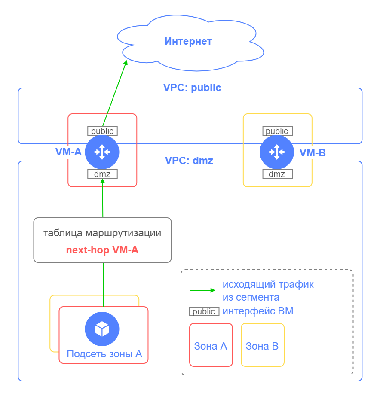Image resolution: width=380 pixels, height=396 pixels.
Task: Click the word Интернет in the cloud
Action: tap(188, 42)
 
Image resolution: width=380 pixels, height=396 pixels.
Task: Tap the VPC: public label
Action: tap(192, 88)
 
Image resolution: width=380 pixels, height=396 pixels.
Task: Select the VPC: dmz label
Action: tap(189, 161)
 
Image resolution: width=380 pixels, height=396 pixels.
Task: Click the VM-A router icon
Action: tap(102, 152)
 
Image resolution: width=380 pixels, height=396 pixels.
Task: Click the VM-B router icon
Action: tap(277, 152)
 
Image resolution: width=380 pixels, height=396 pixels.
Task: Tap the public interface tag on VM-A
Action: tap(102, 131)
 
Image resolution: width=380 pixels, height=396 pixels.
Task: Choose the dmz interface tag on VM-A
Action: tap(102, 174)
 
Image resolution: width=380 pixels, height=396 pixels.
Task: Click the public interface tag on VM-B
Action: tap(277, 131)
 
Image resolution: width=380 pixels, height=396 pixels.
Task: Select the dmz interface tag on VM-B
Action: tap(277, 174)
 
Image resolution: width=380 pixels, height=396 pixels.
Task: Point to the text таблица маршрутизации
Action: tap(102, 233)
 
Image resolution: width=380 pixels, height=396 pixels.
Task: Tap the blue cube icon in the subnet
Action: tap(102, 329)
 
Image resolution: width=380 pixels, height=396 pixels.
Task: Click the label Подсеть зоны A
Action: tap(104, 354)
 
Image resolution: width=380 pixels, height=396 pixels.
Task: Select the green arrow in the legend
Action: tap(202, 290)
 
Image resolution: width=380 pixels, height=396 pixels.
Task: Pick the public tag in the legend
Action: tap(204, 311)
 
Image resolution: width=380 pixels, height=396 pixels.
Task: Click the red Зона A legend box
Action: tap(211, 345)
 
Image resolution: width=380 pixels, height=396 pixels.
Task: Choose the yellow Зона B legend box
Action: tap(262, 345)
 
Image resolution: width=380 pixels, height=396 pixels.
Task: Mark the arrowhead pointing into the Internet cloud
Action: tap(126, 62)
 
